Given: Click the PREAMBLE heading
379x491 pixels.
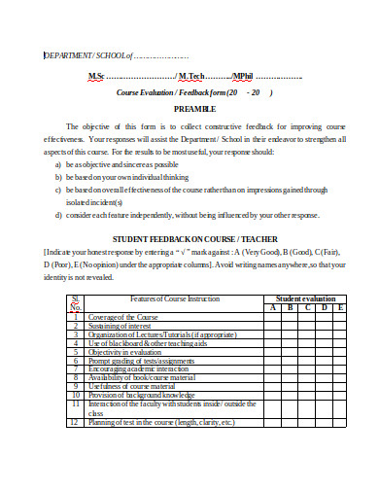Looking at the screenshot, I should pyautogui.click(x=194, y=109).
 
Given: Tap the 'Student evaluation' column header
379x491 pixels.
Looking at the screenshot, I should pyautogui.click(x=306, y=298).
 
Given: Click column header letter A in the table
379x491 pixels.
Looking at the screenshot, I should pyautogui.click(x=275, y=307).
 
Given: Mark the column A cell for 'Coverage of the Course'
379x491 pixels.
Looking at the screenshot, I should pyautogui.click(x=275, y=318).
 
